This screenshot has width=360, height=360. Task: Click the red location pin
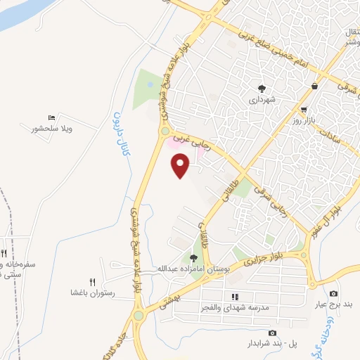(x=181, y=167)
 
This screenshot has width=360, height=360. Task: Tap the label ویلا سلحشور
(x=53, y=129)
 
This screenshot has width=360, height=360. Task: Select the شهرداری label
(x=262, y=100)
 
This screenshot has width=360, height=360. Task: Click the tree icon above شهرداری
(x=262, y=89)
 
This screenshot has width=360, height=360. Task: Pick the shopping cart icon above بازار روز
(x=304, y=110)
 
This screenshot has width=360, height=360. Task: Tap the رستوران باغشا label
(x=93, y=291)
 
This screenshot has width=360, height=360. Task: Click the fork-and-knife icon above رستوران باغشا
(x=92, y=280)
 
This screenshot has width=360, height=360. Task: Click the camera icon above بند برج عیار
(x=333, y=293)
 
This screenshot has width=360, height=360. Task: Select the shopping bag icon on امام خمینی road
(x=314, y=86)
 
